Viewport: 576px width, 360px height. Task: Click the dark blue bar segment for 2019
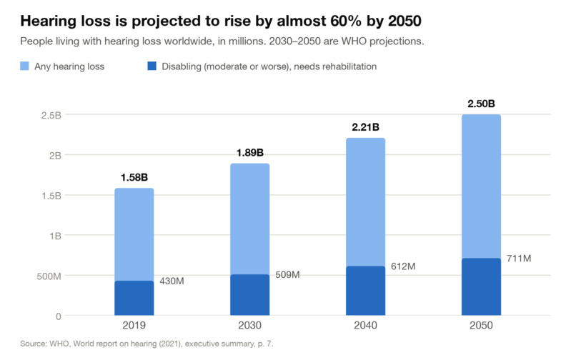point(134,298)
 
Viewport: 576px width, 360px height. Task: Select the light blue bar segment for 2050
point(481,186)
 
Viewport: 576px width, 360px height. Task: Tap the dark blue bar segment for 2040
point(365,291)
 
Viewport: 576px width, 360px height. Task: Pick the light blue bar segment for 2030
point(250,219)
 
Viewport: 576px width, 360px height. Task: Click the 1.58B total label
point(134,177)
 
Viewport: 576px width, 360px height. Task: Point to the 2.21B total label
point(365,127)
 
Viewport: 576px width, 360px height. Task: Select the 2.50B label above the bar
point(481,104)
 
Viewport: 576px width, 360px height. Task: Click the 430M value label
point(172,281)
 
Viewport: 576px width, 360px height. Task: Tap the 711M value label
point(519,259)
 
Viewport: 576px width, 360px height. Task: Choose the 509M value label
point(287,274)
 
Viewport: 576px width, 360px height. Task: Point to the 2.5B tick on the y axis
point(51,115)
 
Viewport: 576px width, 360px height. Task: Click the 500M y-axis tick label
point(49,276)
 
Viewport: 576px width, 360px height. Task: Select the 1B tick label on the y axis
point(56,236)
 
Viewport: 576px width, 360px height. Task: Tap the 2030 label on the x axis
point(250,326)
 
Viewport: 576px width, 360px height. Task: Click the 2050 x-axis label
point(481,326)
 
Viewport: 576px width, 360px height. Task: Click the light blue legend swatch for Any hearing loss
point(24,66)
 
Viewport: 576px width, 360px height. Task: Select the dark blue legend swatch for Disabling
point(152,66)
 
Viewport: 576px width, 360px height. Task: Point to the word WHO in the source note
point(59,344)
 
